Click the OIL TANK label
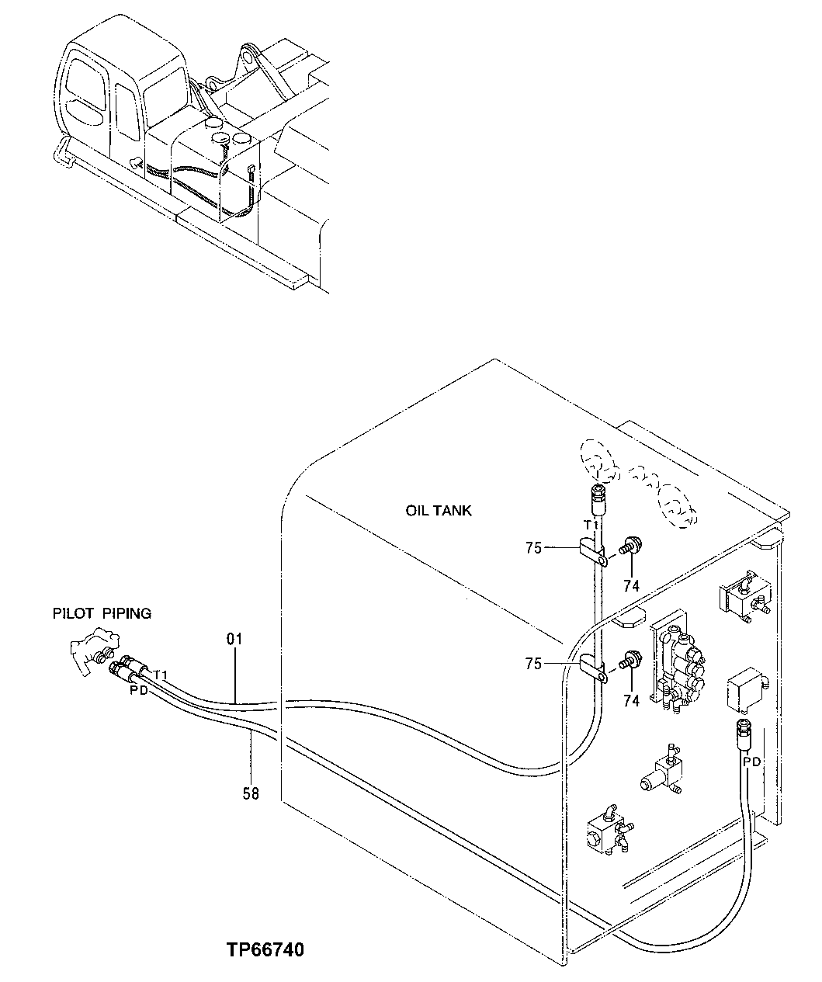coord(438,511)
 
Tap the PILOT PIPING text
coord(102,613)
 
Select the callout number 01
coord(234,639)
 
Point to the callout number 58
coord(250,793)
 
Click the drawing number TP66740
coord(265,950)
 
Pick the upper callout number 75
coord(532,548)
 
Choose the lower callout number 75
coord(532,663)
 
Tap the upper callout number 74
coord(631,586)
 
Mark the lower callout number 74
coord(631,700)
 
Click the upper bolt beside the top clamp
coord(630,547)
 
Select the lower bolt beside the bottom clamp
coord(630,661)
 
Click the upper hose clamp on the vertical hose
coord(593,553)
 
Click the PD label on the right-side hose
coord(752,762)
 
